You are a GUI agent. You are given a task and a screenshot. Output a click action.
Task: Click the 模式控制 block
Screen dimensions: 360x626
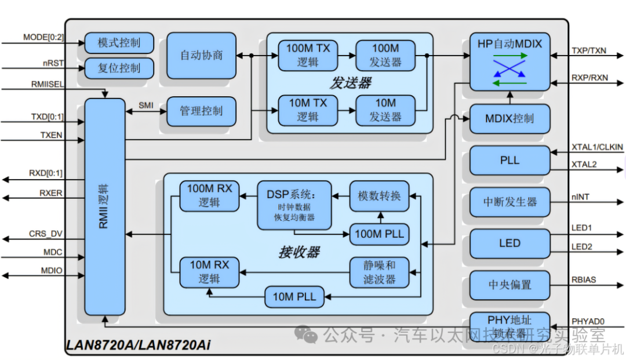click(x=119, y=43)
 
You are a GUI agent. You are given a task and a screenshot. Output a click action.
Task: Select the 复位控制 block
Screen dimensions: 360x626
click(x=119, y=68)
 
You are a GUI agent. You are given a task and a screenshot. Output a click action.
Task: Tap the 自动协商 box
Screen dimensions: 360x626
click(x=201, y=56)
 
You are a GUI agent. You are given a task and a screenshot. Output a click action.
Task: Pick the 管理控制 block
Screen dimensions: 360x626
click(x=201, y=111)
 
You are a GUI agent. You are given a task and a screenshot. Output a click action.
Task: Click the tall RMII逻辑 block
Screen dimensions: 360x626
click(x=105, y=206)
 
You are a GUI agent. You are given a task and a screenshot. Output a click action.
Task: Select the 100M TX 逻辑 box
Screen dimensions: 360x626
click(x=308, y=55)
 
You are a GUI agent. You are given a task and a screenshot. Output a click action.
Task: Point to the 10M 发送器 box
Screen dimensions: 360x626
click(x=385, y=110)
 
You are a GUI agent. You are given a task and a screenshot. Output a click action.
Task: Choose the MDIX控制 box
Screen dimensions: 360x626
click(x=509, y=119)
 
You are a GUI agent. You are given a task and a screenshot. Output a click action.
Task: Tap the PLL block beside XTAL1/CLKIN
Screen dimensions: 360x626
click(x=509, y=160)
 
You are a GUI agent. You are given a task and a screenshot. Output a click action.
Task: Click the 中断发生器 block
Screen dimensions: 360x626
click(x=509, y=202)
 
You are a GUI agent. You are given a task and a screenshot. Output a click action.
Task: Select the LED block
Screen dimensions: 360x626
click(x=509, y=243)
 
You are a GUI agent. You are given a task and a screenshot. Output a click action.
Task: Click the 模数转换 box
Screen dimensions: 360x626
click(x=379, y=196)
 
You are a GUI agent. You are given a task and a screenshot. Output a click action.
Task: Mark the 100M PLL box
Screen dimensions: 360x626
click(x=379, y=234)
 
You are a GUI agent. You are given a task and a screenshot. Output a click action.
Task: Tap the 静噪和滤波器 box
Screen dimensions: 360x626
click(x=379, y=272)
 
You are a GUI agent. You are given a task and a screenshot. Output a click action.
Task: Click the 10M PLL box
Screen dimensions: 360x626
click(x=294, y=297)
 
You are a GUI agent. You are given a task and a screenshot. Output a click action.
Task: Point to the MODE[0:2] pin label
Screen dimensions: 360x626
click(x=43, y=38)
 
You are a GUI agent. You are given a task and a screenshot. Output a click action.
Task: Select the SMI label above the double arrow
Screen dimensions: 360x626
click(x=145, y=105)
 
